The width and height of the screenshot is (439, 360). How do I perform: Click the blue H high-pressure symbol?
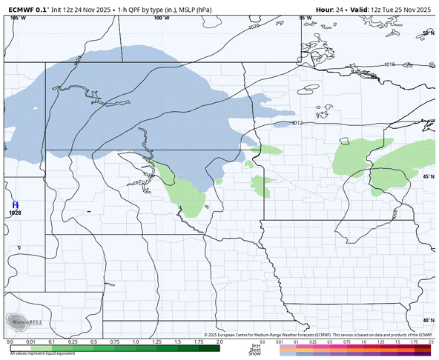pos(16,204)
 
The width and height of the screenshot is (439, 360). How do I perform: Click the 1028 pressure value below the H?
pos(16,213)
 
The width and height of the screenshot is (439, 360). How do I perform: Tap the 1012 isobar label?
pos(298,122)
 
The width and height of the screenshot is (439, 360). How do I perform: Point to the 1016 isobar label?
pos(390,64)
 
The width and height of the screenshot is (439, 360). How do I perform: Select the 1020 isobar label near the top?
pos(254,27)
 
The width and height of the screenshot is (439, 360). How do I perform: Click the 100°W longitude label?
pos(161,17)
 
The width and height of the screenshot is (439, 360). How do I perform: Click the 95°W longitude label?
pos(305,17)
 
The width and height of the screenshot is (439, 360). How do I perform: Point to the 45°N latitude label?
pos(428,177)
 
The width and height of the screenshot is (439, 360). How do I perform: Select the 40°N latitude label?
pos(428,320)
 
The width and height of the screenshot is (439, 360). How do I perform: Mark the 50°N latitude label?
pos(428,33)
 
